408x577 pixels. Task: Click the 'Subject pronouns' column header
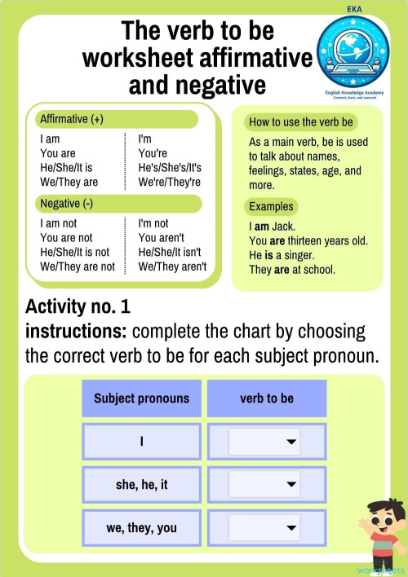(141, 399)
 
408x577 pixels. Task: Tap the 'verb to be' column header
(266, 399)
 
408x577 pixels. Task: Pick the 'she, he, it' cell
(141, 484)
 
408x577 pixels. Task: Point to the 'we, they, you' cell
(141, 527)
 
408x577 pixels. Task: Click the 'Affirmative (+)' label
(72, 120)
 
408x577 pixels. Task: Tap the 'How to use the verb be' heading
(301, 122)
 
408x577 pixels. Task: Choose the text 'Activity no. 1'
(78, 307)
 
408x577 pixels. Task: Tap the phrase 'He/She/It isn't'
(171, 252)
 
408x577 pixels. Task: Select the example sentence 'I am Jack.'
(272, 226)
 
